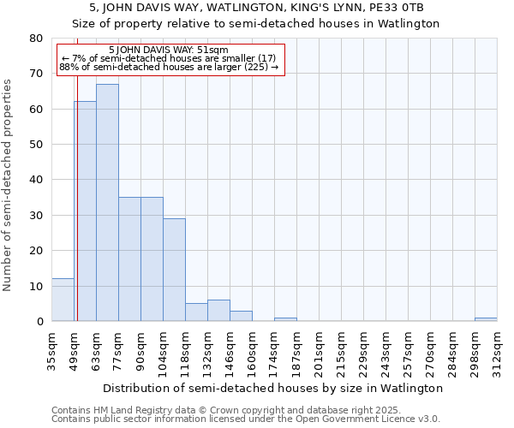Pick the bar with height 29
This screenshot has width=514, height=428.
[x=174, y=270]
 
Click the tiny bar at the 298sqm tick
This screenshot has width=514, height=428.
[x=486, y=319]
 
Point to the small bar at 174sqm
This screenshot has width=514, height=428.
[x=285, y=319]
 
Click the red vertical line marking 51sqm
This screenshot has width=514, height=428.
[x=77, y=197]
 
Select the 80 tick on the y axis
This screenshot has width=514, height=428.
[x=36, y=39]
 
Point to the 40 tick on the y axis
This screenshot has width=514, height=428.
[x=36, y=180]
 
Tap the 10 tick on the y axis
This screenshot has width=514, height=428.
[x=36, y=286]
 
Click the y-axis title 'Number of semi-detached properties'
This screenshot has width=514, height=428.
[x=8, y=184]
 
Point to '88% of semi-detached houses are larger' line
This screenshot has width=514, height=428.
[x=169, y=67]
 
